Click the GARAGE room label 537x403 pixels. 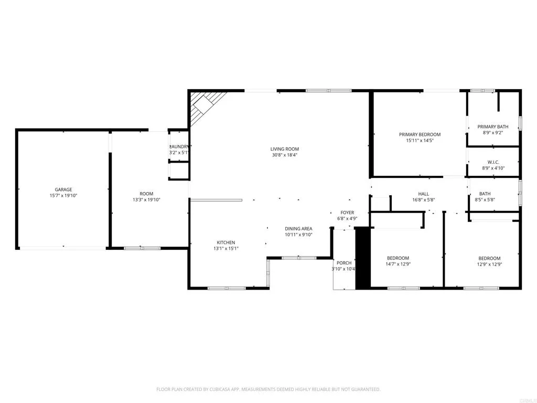(x=63, y=189)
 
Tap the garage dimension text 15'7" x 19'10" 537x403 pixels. (x=63, y=196)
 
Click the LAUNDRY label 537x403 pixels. (x=179, y=146)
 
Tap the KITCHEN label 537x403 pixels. (x=226, y=242)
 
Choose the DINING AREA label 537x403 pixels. (x=298, y=228)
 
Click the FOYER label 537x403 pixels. (x=347, y=213)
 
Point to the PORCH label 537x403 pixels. (x=344, y=263)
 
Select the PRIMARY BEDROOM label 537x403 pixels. (x=420, y=134)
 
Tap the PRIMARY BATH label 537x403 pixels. (x=492, y=127)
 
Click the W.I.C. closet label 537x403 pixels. (x=492, y=162)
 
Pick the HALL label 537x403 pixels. (x=423, y=194)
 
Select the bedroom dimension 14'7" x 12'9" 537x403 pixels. (x=398, y=264)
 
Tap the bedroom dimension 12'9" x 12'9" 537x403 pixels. (x=489, y=264)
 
